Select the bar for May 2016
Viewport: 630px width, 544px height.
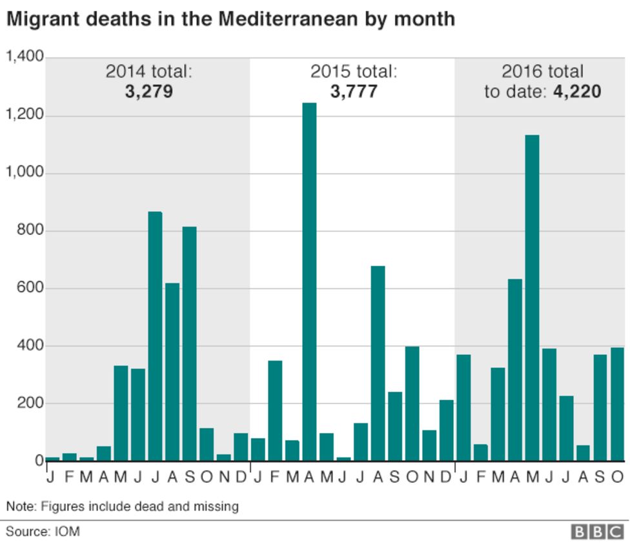pos(532,297)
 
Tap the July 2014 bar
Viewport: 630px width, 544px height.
pos(155,336)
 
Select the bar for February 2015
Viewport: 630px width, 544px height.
pos(275,410)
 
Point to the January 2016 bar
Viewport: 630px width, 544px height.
pos(463,407)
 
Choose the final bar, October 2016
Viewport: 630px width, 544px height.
pos(618,404)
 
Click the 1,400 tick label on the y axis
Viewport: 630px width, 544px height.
pos(25,57)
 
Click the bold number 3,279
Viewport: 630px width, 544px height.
pos(149,92)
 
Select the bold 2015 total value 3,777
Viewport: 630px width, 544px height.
pos(354,92)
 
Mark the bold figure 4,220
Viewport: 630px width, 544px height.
pos(577,92)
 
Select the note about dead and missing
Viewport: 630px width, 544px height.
pos(123,507)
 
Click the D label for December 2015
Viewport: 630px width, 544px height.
pos(446,478)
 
